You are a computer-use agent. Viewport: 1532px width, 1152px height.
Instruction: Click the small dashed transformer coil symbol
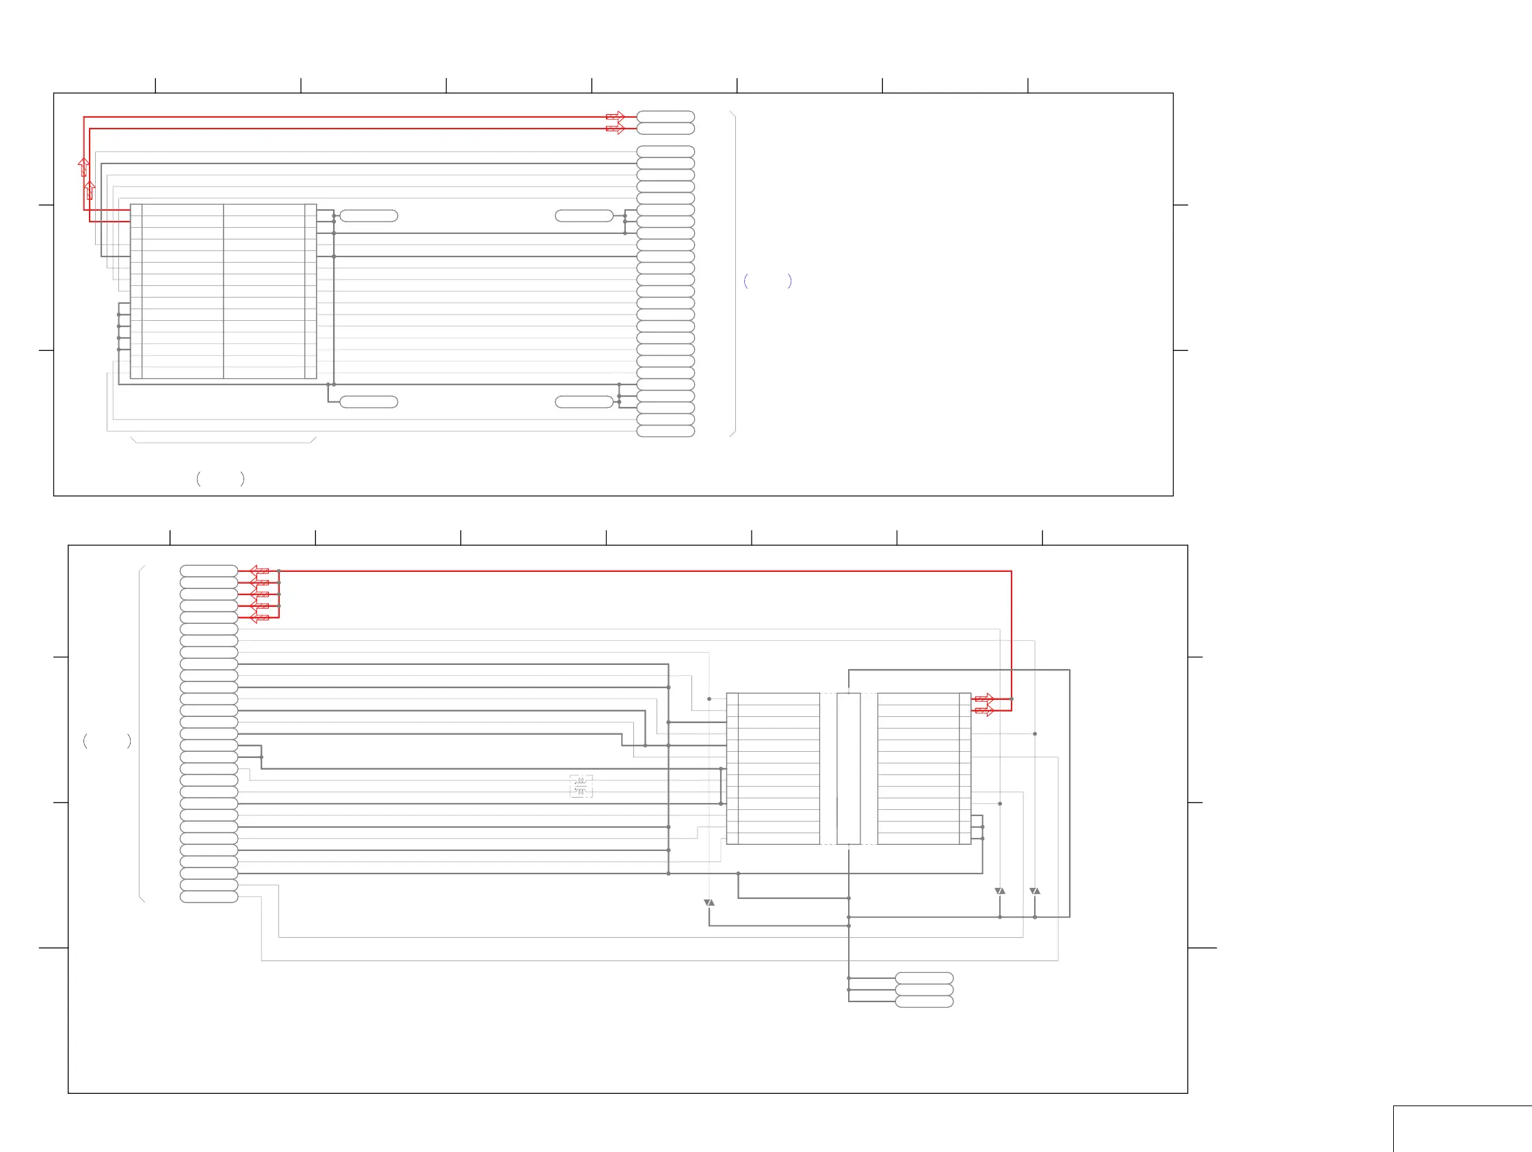[x=581, y=786]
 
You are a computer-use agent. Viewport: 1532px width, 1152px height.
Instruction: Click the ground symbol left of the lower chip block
[x=709, y=902]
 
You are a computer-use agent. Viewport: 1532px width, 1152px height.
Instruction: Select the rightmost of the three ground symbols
[x=1035, y=891]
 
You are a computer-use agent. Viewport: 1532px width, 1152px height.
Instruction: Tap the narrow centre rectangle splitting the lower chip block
[x=849, y=768]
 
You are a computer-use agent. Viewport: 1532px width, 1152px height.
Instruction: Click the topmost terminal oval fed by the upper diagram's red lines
[x=665, y=116]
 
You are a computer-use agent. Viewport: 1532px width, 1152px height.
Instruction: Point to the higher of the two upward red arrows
[x=84, y=166]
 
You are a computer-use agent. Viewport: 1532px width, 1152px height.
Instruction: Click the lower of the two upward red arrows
[x=90, y=189]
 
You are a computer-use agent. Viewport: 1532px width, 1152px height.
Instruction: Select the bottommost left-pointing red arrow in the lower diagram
[x=259, y=617]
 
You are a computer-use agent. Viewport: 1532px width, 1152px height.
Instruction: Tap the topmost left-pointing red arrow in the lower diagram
[x=259, y=571]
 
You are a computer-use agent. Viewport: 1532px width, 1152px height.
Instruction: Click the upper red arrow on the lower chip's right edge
[x=984, y=699]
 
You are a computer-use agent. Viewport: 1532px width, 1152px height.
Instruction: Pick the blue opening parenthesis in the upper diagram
[x=745, y=280]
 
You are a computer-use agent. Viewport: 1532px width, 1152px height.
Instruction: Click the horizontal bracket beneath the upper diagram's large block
[x=223, y=441]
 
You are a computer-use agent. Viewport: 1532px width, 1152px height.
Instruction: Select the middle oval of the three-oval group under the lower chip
[x=924, y=990]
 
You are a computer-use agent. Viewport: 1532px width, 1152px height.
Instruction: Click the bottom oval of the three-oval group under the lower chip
[x=924, y=1002]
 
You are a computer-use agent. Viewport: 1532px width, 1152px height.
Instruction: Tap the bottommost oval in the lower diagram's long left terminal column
[x=209, y=897]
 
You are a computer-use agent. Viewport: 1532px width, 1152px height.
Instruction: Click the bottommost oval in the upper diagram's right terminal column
[x=665, y=431]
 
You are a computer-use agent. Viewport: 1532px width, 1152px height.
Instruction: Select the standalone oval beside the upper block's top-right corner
[x=369, y=216]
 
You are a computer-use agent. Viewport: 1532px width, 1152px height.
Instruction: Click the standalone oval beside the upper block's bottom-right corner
[x=369, y=402]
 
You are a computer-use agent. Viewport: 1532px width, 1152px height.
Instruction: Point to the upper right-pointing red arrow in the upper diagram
[x=615, y=116]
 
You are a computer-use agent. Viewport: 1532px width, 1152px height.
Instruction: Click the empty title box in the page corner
[x=1462, y=1129]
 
